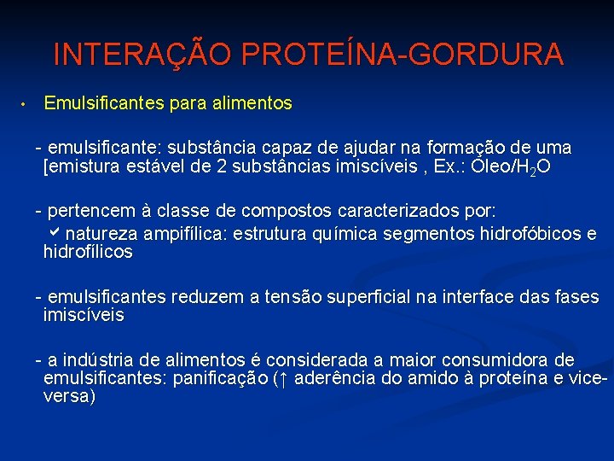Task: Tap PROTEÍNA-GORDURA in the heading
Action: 403,55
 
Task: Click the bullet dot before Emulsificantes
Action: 26,105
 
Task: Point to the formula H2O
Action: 532,167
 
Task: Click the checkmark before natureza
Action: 58,232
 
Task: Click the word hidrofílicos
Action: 88,252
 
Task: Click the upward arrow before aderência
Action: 287,378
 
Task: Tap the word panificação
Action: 219,378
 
